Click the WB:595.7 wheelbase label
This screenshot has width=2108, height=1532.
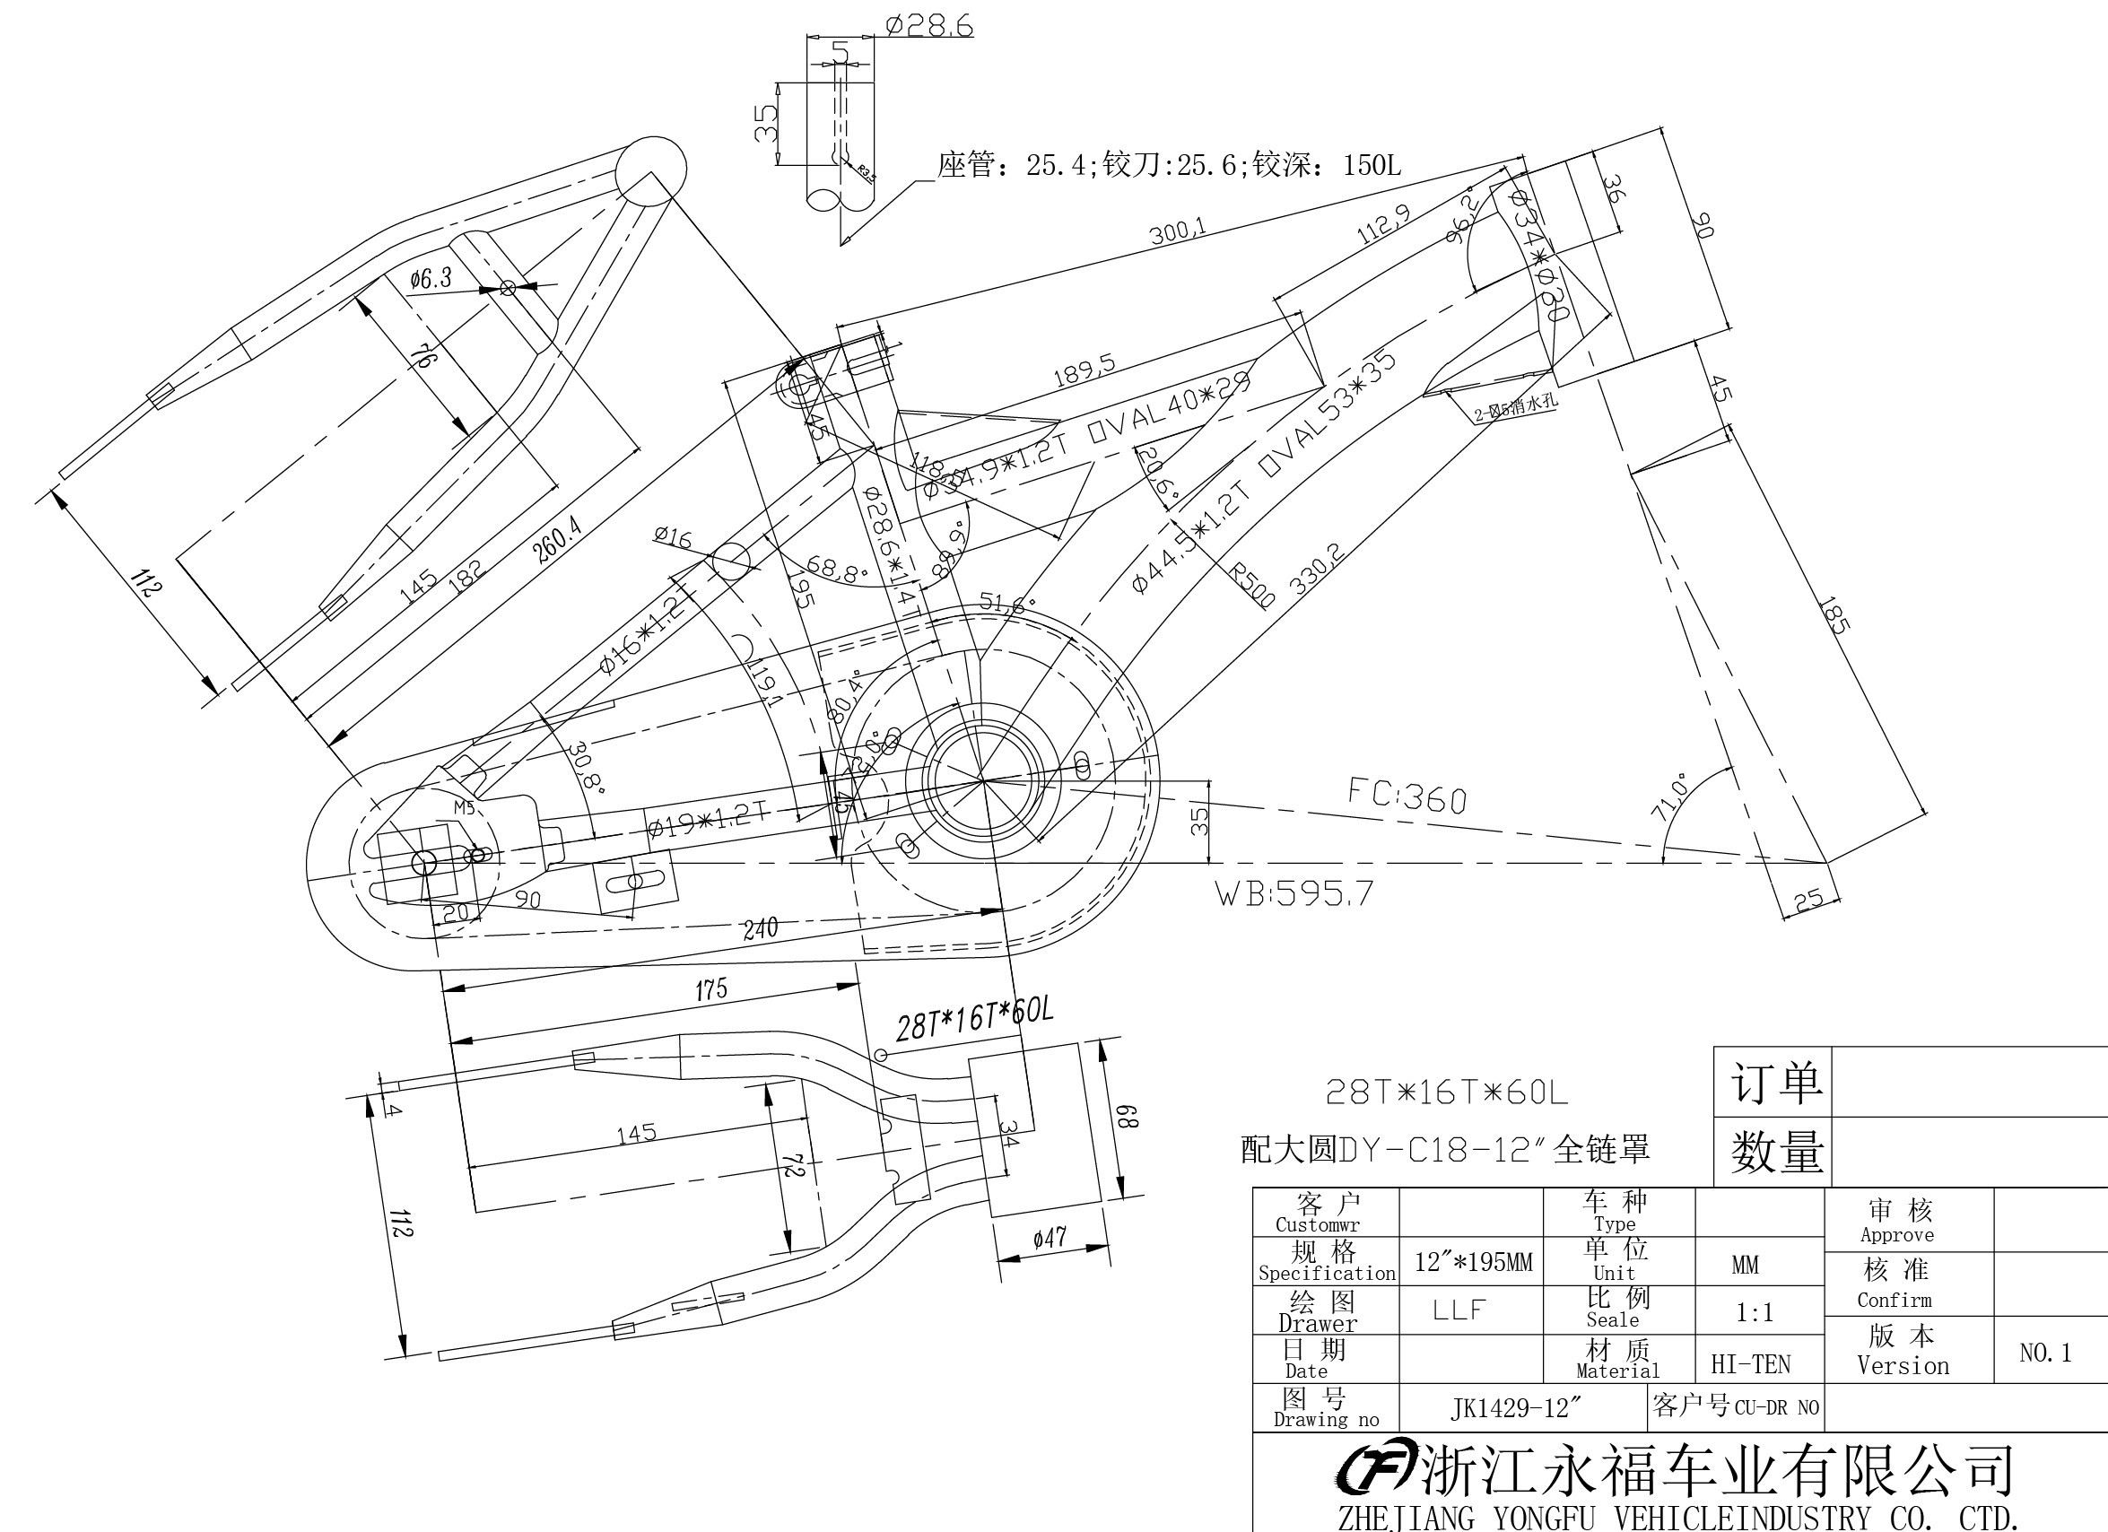[1294, 893]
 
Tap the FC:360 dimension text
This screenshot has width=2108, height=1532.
[1407, 796]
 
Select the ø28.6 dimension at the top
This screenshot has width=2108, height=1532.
[928, 25]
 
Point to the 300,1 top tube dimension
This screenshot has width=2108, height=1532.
[1178, 230]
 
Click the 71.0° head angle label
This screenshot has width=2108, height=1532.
[1670, 797]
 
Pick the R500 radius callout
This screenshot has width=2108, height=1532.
[1252, 585]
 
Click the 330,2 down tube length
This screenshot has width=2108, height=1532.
[1316, 569]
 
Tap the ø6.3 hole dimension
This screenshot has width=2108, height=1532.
[431, 277]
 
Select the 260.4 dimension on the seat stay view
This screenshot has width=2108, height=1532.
[557, 540]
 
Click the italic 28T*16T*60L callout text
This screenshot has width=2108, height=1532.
[974, 1020]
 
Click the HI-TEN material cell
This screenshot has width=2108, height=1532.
[1750, 1363]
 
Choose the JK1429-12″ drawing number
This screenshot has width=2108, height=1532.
[1515, 1408]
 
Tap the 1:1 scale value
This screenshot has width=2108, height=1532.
[1754, 1312]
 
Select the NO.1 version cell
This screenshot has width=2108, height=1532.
[2045, 1353]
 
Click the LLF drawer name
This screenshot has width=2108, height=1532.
[1459, 1310]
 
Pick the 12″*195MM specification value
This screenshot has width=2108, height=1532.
[1473, 1262]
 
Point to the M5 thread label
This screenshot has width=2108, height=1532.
[464, 808]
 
